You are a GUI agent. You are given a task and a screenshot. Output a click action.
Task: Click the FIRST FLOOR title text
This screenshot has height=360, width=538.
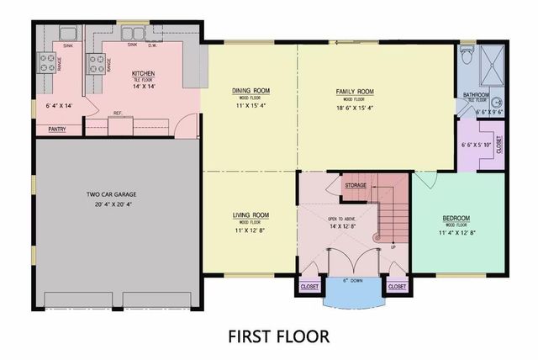[x=278, y=336]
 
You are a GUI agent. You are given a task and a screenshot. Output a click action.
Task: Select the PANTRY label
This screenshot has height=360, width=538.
[x=57, y=130]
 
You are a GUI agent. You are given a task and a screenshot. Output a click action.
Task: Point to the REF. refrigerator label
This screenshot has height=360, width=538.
[x=119, y=113]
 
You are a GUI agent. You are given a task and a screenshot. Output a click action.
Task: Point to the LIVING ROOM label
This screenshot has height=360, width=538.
[x=250, y=214]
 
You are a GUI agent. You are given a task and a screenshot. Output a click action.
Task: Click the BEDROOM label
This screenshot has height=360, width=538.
[x=456, y=218]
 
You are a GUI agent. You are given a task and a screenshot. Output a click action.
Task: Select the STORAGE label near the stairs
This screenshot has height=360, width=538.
[x=356, y=185]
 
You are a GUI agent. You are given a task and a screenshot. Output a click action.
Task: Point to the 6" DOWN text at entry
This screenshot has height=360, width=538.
[x=353, y=279]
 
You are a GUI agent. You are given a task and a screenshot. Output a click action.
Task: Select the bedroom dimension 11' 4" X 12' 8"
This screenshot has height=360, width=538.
[x=456, y=233]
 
